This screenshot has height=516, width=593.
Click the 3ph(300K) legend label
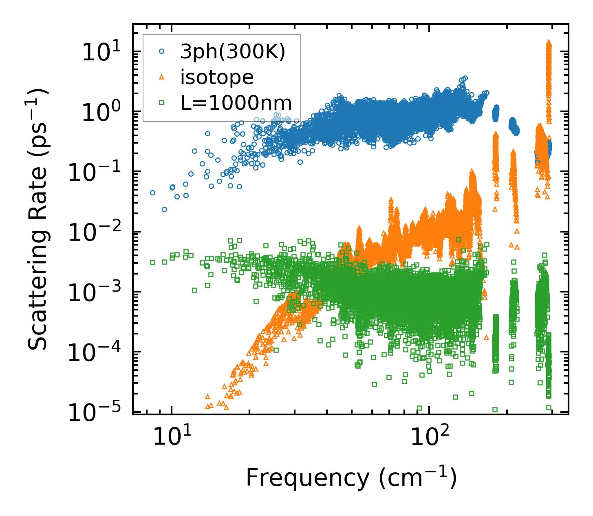click(x=233, y=52)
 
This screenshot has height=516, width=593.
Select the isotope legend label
click(x=217, y=78)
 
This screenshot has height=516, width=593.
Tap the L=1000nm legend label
click(x=236, y=103)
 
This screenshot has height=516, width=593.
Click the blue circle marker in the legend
click(x=162, y=52)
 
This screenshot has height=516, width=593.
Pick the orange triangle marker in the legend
click(x=162, y=77)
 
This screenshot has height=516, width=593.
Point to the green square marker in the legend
click(x=162, y=103)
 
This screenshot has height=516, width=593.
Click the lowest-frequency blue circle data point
click(x=153, y=193)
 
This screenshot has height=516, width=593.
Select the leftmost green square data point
click(x=153, y=262)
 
